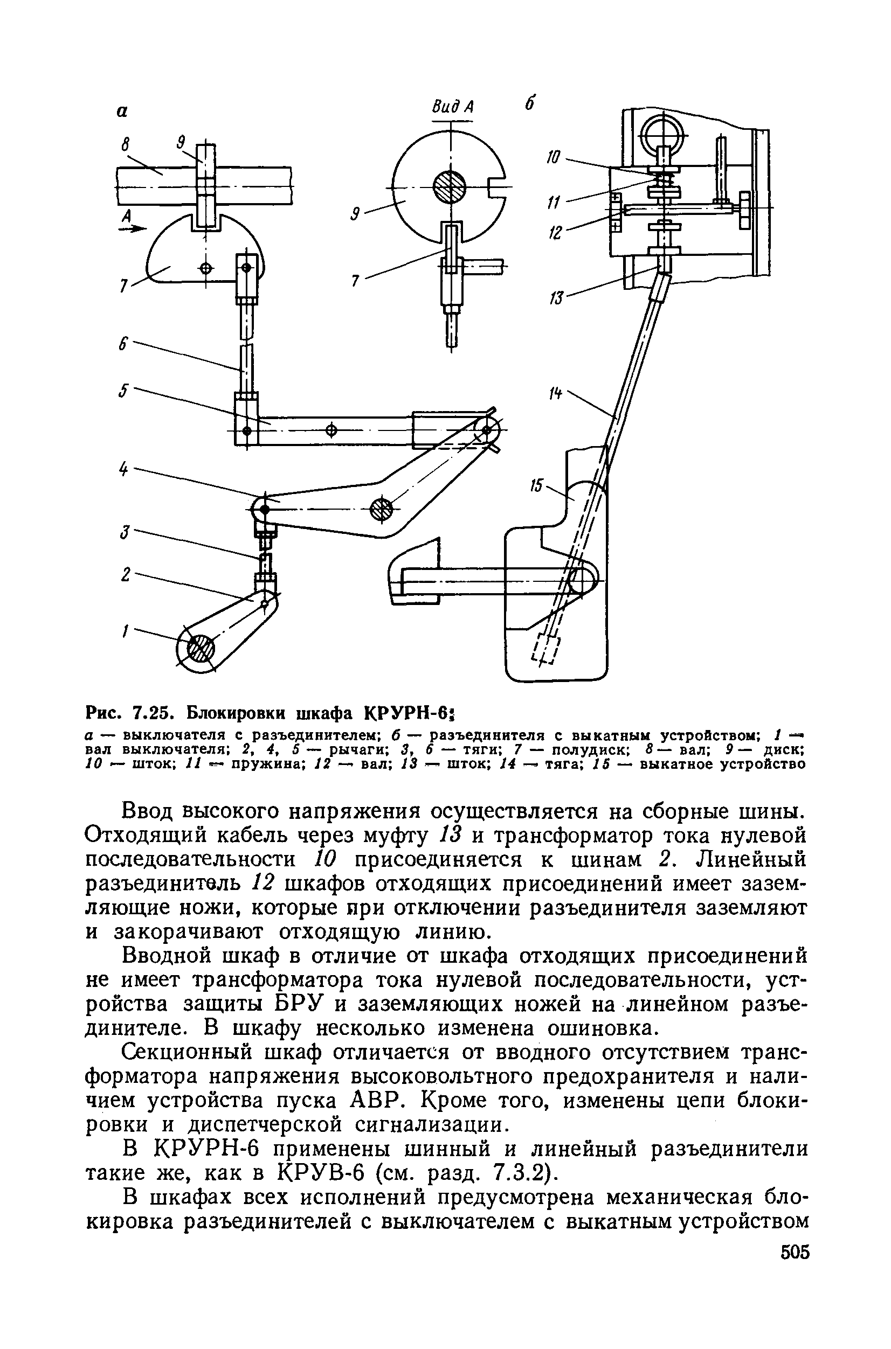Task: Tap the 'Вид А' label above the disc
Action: [452, 107]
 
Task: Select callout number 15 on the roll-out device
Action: [536, 485]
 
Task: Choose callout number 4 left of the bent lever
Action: [123, 469]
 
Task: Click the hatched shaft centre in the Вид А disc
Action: [450, 187]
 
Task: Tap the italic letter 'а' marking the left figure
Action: [122, 112]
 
